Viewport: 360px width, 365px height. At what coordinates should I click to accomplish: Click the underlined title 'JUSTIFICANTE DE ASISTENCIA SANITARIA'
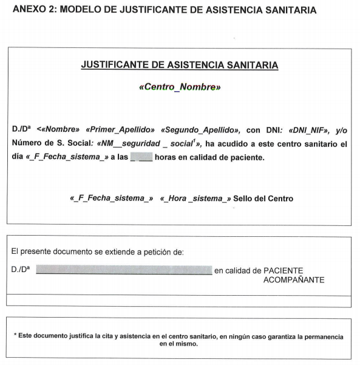[x=180, y=64]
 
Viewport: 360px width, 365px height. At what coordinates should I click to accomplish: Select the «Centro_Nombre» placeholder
[x=180, y=87]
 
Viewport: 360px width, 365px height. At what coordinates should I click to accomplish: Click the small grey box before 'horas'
[x=143, y=158]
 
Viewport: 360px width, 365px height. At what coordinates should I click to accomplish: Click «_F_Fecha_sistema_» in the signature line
[x=111, y=199]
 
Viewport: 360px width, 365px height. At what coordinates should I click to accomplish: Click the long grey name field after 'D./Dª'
[x=124, y=270]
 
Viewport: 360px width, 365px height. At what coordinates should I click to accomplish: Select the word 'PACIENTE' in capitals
[x=284, y=270]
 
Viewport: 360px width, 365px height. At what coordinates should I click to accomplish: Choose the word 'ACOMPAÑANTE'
[x=294, y=280]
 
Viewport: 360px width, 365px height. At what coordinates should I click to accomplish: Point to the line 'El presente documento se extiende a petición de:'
[x=98, y=251]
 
